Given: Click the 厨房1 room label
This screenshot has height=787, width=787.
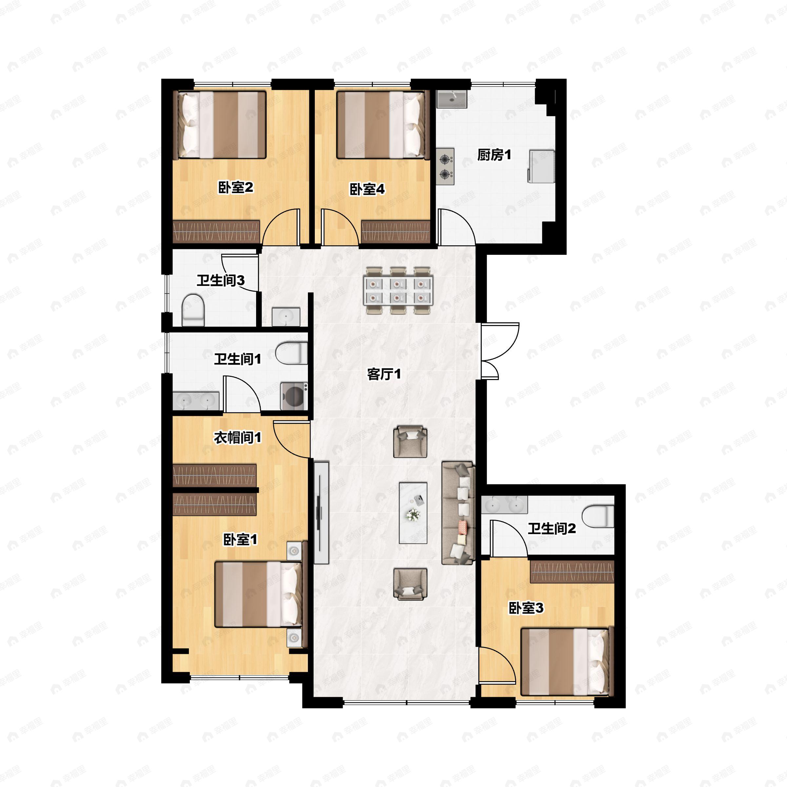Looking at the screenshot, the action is click(x=494, y=155).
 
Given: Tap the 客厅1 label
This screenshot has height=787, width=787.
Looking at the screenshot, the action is click(x=384, y=374).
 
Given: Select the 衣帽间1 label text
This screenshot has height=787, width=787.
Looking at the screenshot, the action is click(x=237, y=437).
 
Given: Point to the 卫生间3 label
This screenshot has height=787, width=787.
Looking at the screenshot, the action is click(x=220, y=280).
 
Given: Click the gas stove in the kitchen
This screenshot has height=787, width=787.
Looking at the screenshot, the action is click(x=445, y=166).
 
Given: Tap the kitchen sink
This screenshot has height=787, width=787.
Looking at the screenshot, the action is click(x=452, y=99).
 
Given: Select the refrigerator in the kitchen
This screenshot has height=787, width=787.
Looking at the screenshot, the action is click(x=541, y=166).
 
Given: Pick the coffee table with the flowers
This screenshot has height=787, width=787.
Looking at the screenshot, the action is click(x=413, y=513).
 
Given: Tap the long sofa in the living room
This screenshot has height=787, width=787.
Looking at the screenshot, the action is click(x=458, y=513).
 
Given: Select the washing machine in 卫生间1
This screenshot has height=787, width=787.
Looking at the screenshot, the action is click(x=294, y=395).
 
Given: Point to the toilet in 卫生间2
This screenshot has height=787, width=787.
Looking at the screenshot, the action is click(x=597, y=516).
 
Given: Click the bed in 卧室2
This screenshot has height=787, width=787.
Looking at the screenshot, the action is click(x=220, y=125).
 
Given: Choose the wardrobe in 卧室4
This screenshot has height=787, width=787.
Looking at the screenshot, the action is click(x=395, y=232).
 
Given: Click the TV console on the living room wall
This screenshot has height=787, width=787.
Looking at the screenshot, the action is click(x=321, y=513).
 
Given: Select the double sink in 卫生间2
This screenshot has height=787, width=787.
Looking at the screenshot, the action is click(x=504, y=505).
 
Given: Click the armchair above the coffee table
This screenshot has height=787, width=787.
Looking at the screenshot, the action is click(x=410, y=442).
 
